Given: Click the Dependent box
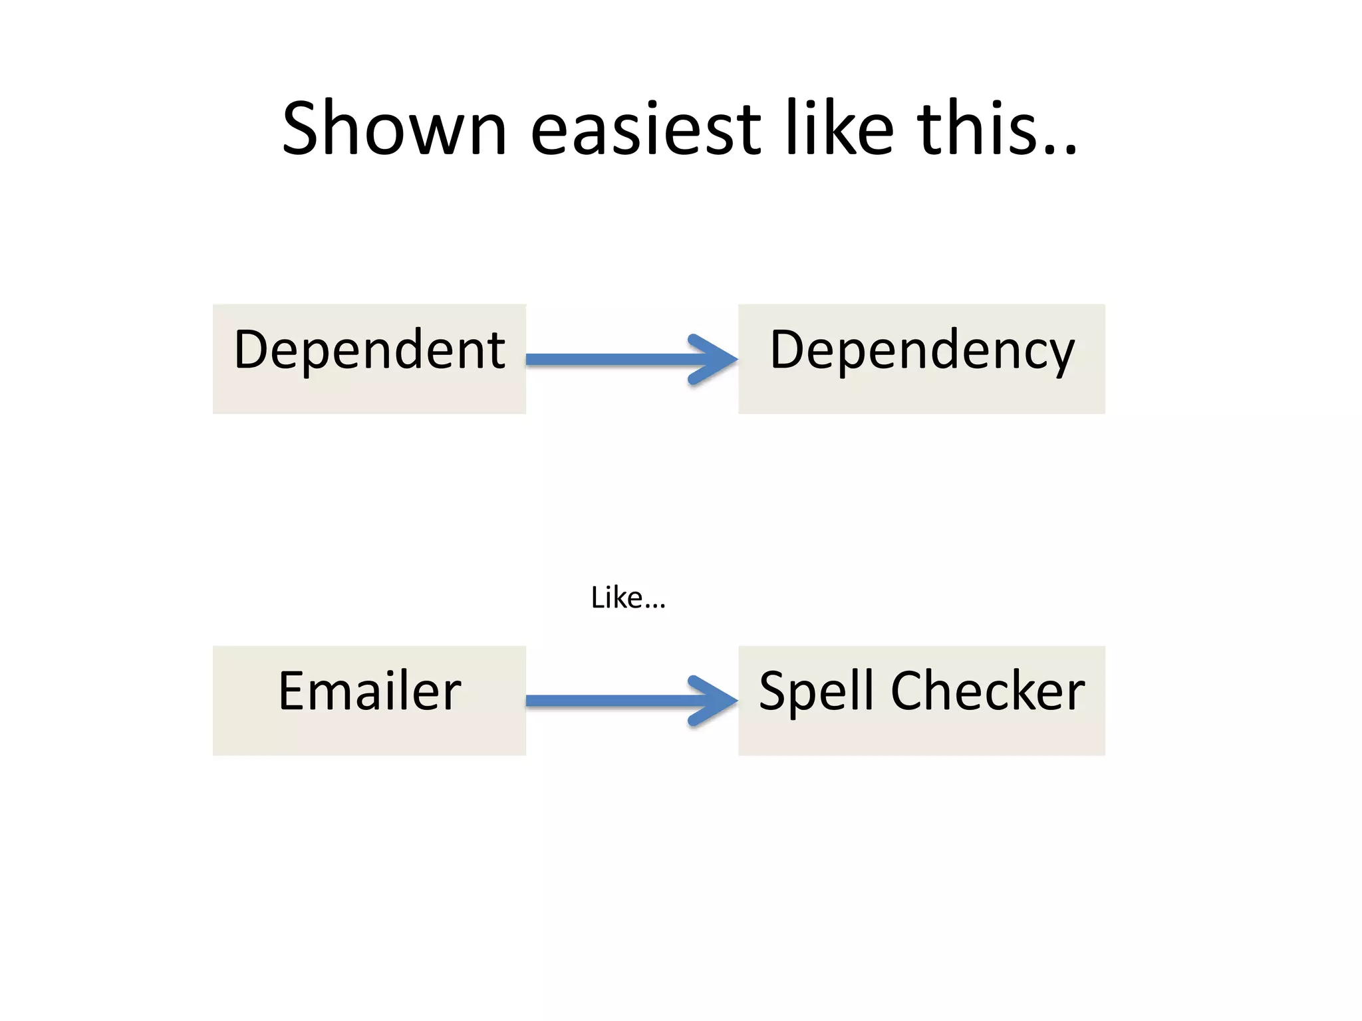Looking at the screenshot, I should [369, 359].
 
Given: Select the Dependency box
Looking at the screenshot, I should [922, 359].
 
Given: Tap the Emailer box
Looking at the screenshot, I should [369, 700].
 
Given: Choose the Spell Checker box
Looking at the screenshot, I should [922, 700].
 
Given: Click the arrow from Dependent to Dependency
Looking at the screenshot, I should [612, 360].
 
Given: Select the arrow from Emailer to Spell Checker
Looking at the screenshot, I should [612, 701].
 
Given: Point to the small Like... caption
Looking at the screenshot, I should [628, 598].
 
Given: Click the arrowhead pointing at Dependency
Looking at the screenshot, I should [715, 360].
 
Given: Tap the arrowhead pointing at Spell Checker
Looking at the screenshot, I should [715, 701].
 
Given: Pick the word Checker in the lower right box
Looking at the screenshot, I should [988, 691].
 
